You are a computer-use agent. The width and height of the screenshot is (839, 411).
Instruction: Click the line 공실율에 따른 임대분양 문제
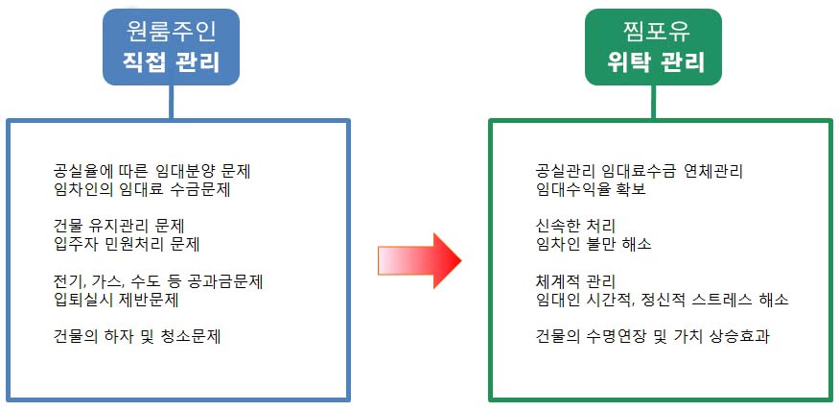(159, 171)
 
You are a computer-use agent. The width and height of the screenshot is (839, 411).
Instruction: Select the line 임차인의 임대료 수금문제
(142, 189)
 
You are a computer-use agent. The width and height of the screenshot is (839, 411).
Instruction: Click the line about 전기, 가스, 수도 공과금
(159, 281)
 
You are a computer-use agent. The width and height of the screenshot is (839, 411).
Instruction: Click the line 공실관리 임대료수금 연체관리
(640, 171)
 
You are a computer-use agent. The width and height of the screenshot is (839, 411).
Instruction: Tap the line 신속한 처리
(574, 226)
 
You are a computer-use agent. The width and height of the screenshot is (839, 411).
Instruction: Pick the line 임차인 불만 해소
(594, 244)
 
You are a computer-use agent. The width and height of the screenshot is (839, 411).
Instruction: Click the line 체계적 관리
(574, 281)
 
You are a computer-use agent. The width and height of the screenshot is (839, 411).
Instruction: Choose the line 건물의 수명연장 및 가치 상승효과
(655, 336)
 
